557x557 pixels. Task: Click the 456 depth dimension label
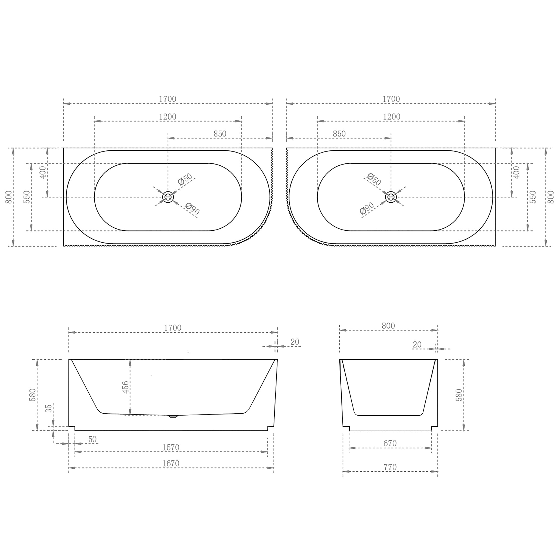[x=126, y=387]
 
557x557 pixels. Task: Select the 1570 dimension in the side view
[x=171, y=447]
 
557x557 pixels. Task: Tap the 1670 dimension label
[x=171, y=463]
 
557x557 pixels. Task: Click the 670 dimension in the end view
[x=390, y=443]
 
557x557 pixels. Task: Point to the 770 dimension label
[x=390, y=467]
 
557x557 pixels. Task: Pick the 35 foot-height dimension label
[x=49, y=408]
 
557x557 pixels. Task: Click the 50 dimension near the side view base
[x=92, y=440]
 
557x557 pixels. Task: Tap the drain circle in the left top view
[x=168, y=197]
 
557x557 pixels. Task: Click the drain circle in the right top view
[x=391, y=197]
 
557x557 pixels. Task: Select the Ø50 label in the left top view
[x=185, y=179]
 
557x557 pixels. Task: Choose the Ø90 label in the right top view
[x=367, y=208]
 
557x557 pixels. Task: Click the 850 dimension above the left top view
[x=220, y=134]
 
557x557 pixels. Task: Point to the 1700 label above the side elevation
[x=172, y=328]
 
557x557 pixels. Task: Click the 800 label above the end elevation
[x=388, y=326]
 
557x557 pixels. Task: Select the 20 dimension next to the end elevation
[x=417, y=345]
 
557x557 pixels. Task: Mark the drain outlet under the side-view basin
[x=173, y=416]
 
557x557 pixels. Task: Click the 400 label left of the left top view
[x=43, y=172]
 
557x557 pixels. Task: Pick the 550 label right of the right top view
[x=533, y=197]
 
